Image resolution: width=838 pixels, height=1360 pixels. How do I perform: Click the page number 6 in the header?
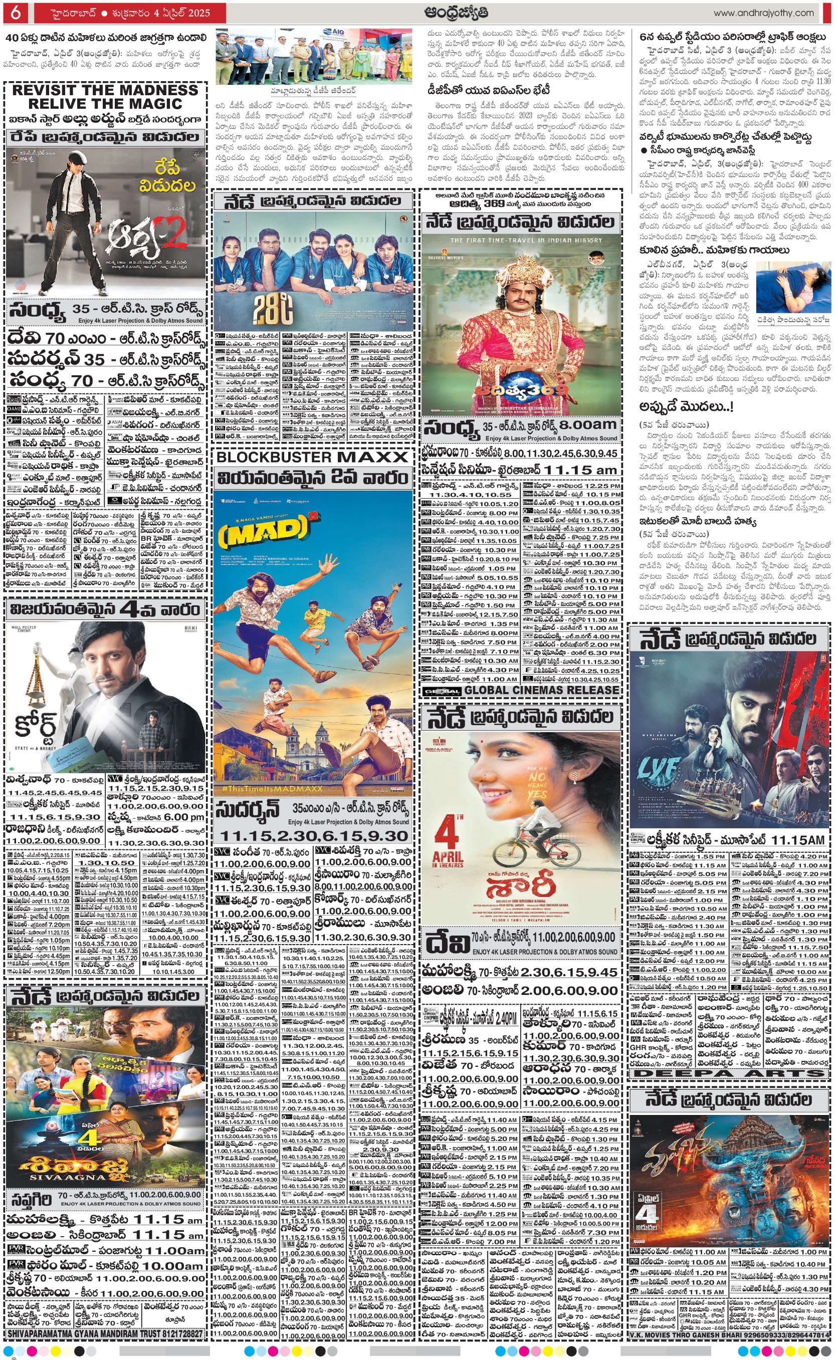(16, 12)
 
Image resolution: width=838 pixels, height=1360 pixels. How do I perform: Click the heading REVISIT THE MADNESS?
(105, 90)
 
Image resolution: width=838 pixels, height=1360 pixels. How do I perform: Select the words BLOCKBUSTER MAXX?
(312, 457)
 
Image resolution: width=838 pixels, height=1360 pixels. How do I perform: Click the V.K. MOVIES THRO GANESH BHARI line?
(729, 1335)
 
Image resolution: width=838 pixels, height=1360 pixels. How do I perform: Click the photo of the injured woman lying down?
(793, 288)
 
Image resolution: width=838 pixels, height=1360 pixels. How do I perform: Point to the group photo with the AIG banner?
(314, 57)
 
